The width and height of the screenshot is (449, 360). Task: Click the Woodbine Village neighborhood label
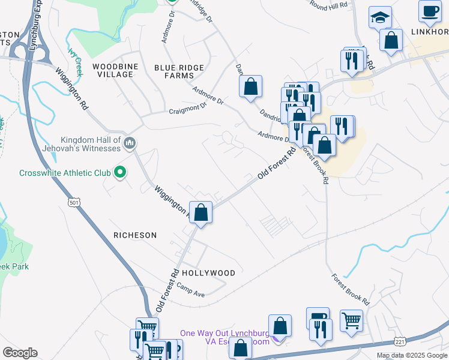[x=112, y=70]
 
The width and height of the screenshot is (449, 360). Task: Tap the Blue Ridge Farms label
[x=179, y=71]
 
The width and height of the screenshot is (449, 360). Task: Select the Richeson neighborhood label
[x=135, y=235]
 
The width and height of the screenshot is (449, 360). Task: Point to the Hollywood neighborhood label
[x=208, y=272]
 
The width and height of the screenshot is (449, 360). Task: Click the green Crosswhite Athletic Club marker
[x=120, y=173]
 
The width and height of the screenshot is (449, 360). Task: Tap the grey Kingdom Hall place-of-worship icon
[x=130, y=143]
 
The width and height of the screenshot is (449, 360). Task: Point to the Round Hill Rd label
[x=328, y=5]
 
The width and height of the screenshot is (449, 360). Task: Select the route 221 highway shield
[x=400, y=341]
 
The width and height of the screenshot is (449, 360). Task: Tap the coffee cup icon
[x=430, y=10]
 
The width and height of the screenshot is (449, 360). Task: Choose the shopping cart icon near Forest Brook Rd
[x=351, y=319]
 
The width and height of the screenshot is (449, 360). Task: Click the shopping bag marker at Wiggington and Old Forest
[x=201, y=212]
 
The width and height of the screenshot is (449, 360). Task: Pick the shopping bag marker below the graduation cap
[x=391, y=41]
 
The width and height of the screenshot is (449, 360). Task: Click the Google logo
[x=20, y=353]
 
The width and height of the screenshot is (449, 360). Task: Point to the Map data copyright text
[x=412, y=355]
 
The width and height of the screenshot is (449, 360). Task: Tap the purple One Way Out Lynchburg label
[x=225, y=337]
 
